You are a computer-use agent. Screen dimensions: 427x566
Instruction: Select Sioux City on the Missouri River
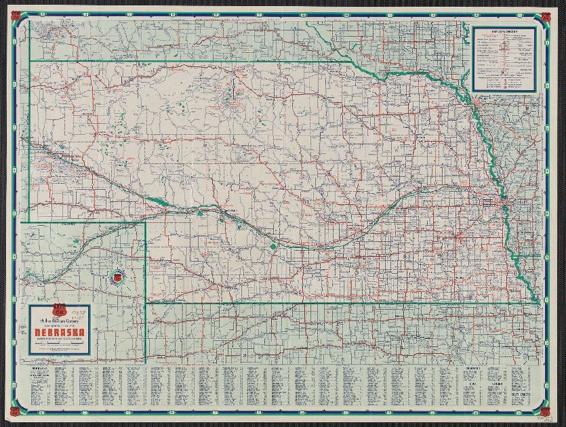pyautogui.click(x=479, y=102)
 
